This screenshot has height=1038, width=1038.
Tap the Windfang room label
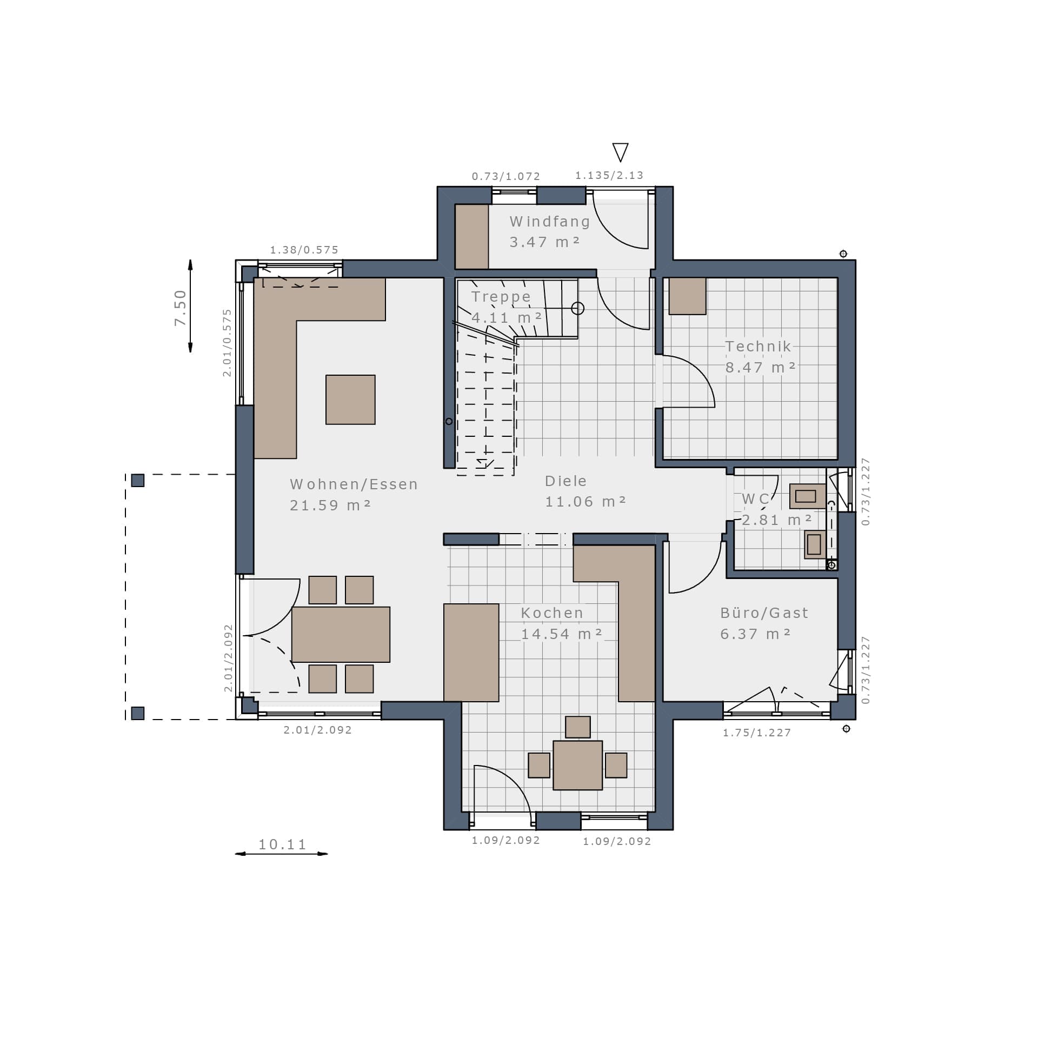point(550,222)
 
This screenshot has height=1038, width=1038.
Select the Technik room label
point(758,347)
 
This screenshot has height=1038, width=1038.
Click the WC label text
point(755,499)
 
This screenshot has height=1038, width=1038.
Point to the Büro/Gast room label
point(764,613)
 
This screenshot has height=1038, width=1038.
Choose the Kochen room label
point(552,613)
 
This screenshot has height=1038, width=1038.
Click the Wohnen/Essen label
point(354,484)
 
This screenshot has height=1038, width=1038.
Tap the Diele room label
point(565,481)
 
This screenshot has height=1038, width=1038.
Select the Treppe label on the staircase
point(501,297)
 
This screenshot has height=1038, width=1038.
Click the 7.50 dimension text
point(180,308)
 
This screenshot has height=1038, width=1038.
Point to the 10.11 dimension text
point(282,844)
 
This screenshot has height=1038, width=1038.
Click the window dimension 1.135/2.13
point(609,175)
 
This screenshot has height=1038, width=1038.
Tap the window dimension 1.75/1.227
point(757,733)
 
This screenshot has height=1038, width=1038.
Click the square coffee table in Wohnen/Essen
point(350,400)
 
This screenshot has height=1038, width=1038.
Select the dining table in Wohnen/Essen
point(341,634)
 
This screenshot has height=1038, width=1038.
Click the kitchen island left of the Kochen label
point(471,653)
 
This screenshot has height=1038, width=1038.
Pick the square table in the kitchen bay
point(577,766)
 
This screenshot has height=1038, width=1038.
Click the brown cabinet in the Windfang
point(471,236)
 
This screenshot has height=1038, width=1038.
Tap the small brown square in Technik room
point(687,296)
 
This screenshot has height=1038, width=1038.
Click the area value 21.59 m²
point(330,505)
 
